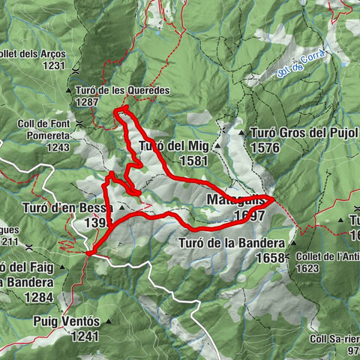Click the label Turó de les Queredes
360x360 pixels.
click(123, 90)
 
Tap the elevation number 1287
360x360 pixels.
click(87, 102)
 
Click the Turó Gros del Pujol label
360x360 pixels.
click(304, 133)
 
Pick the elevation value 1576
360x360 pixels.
click(266, 148)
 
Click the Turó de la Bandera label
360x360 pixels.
click(232, 244)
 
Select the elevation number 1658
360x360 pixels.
click(271, 258)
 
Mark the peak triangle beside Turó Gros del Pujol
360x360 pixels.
click(242, 133)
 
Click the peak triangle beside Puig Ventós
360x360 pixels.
click(108, 321)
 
